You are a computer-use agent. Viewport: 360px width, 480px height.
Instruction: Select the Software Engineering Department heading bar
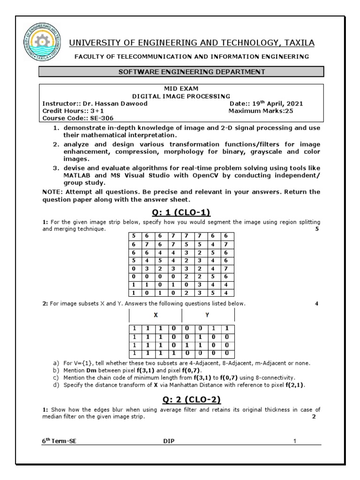(x=181, y=72)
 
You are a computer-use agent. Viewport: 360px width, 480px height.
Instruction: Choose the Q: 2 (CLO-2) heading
(x=181, y=399)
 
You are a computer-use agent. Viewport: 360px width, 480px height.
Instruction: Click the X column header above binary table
(x=155, y=315)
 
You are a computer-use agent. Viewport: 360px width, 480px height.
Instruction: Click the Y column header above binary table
(x=207, y=315)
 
